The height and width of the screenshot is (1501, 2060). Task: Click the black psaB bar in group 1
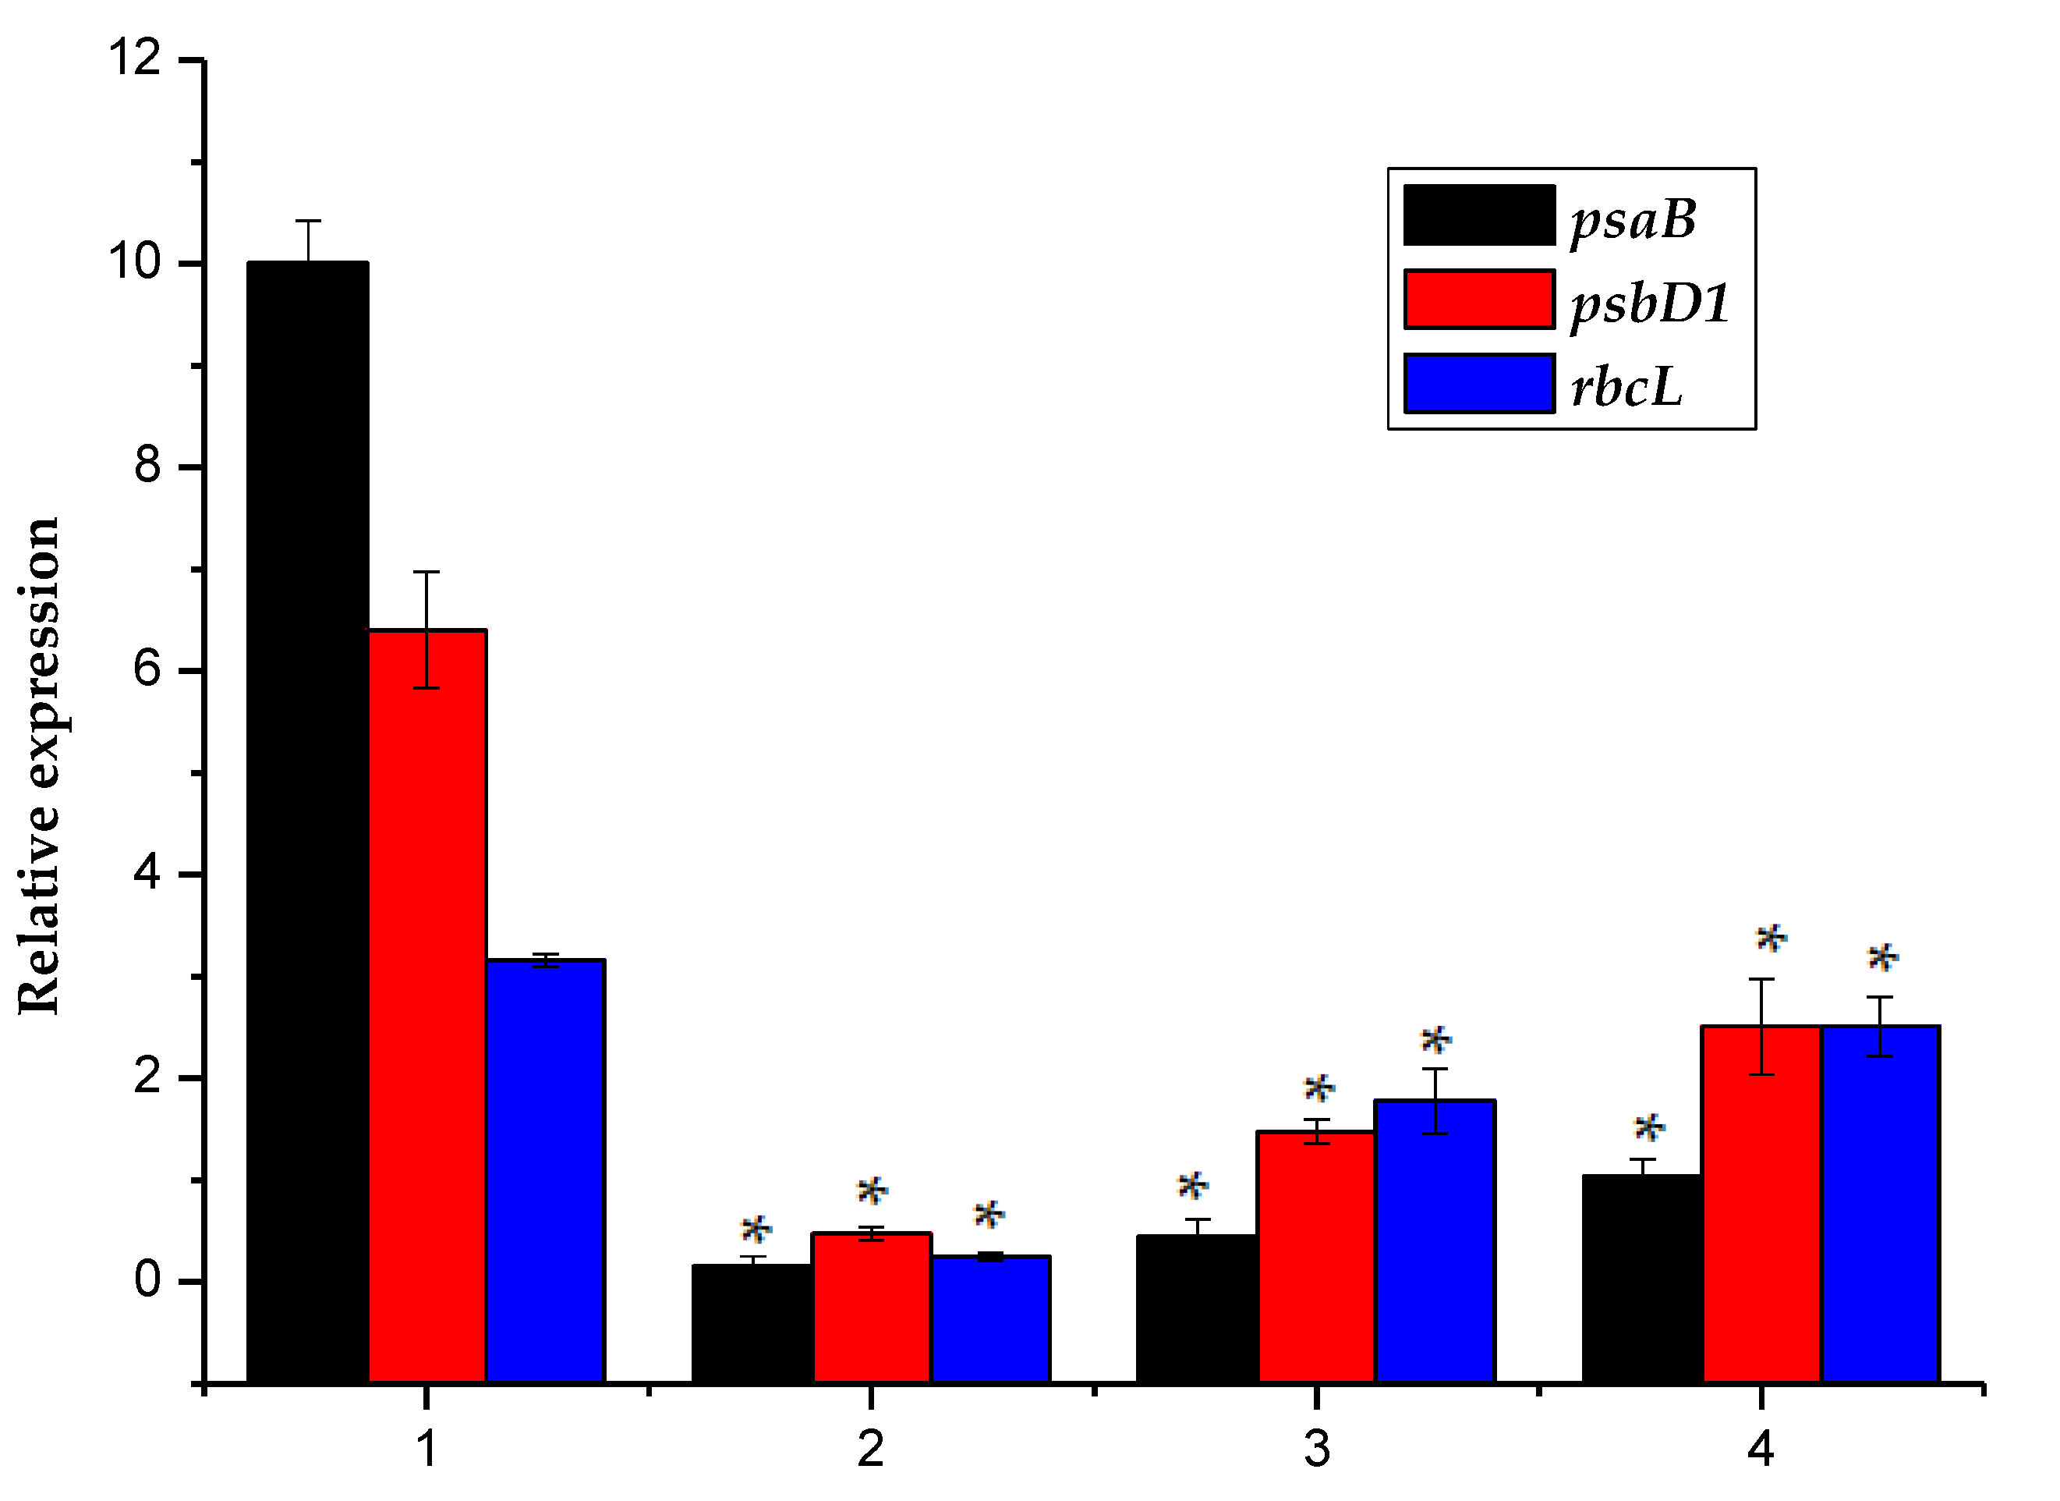pyautogui.click(x=308, y=818)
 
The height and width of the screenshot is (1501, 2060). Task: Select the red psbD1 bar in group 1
pyautogui.click(x=427, y=999)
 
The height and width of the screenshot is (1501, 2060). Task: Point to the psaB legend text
pyautogui.click(x=1633, y=219)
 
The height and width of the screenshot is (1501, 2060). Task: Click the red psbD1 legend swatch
pyautogui.click(x=1478, y=299)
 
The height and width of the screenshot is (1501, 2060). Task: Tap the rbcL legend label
pyautogui.click(x=1626, y=386)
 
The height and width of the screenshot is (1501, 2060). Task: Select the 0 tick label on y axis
pyautogui.click(x=147, y=1279)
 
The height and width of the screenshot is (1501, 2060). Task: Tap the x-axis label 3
pyautogui.click(x=1317, y=1448)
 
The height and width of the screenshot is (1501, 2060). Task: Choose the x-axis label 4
pyautogui.click(x=1761, y=1448)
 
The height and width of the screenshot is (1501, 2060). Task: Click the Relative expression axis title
pyautogui.click(x=39, y=765)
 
